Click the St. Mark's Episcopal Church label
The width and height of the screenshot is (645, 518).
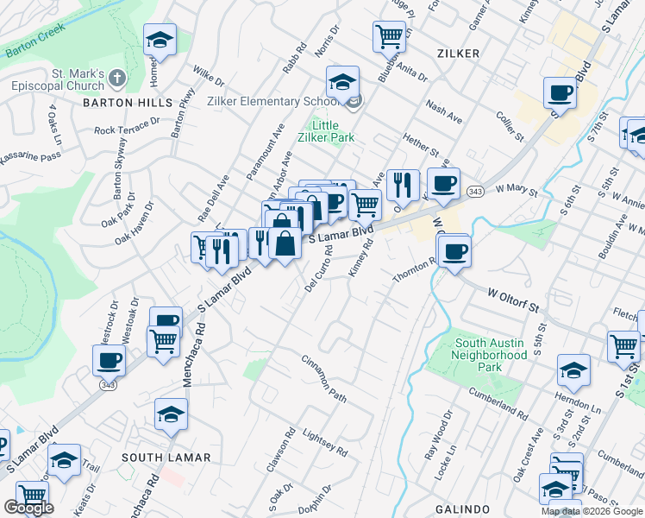(57, 80)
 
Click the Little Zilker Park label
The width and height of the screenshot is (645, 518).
(325, 130)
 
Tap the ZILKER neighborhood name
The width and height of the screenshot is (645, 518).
(459, 54)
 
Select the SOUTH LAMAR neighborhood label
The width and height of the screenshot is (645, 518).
(156, 456)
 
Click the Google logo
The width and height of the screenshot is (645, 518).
(28, 508)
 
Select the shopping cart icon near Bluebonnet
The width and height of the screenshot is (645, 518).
(389, 36)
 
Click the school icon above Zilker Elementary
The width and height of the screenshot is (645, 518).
(342, 82)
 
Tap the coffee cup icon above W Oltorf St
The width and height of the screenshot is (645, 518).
(454, 251)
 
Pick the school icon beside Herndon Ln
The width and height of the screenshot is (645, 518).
(573, 370)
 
